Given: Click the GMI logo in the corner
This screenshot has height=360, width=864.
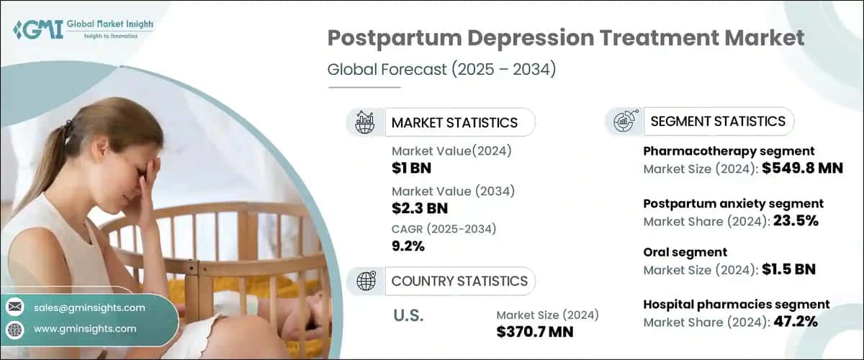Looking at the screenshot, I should click(x=83, y=29).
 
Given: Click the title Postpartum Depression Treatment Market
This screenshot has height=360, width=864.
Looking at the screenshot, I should click(x=566, y=38).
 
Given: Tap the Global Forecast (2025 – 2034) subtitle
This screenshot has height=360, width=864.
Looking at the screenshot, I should click(x=442, y=70).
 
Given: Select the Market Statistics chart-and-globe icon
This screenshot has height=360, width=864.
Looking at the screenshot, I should click(x=365, y=122).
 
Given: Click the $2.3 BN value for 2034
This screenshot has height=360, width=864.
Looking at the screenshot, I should click(x=420, y=208).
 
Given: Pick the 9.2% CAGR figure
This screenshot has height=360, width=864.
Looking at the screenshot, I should click(x=408, y=246).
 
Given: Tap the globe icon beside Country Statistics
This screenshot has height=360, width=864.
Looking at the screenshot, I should click(x=365, y=281).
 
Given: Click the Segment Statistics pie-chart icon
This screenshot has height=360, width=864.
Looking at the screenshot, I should click(x=622, y=122).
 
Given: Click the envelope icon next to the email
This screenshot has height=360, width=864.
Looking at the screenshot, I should click(x=15, y=307).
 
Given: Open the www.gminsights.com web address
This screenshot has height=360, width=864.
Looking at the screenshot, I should click(x=84, y=328).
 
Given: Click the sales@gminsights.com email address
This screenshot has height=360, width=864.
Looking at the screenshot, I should click(x=89, y=307).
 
